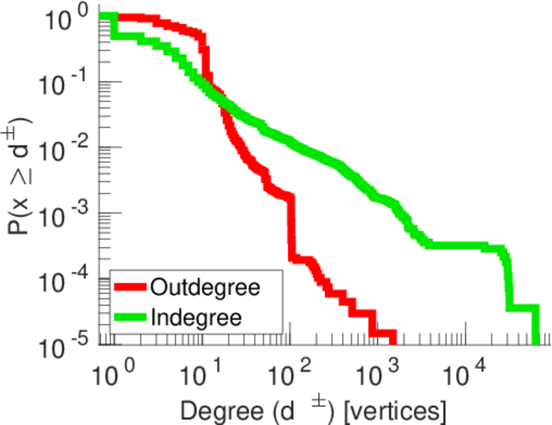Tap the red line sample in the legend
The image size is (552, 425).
[x=130, y=288]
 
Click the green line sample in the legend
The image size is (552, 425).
[x=130, y=316]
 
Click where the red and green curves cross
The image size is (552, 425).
[x=217, y=99]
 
